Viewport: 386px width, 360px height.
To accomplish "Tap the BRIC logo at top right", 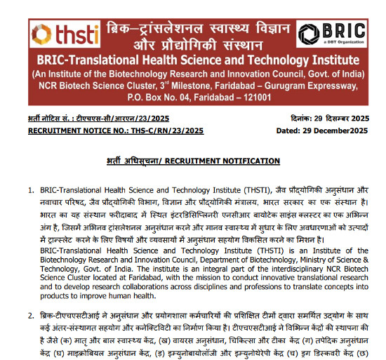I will [x=333, y=34].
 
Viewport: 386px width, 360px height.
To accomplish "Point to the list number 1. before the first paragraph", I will [x=30, y=190].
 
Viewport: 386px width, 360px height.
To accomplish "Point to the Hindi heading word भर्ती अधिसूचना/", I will [x=135, y=161].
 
